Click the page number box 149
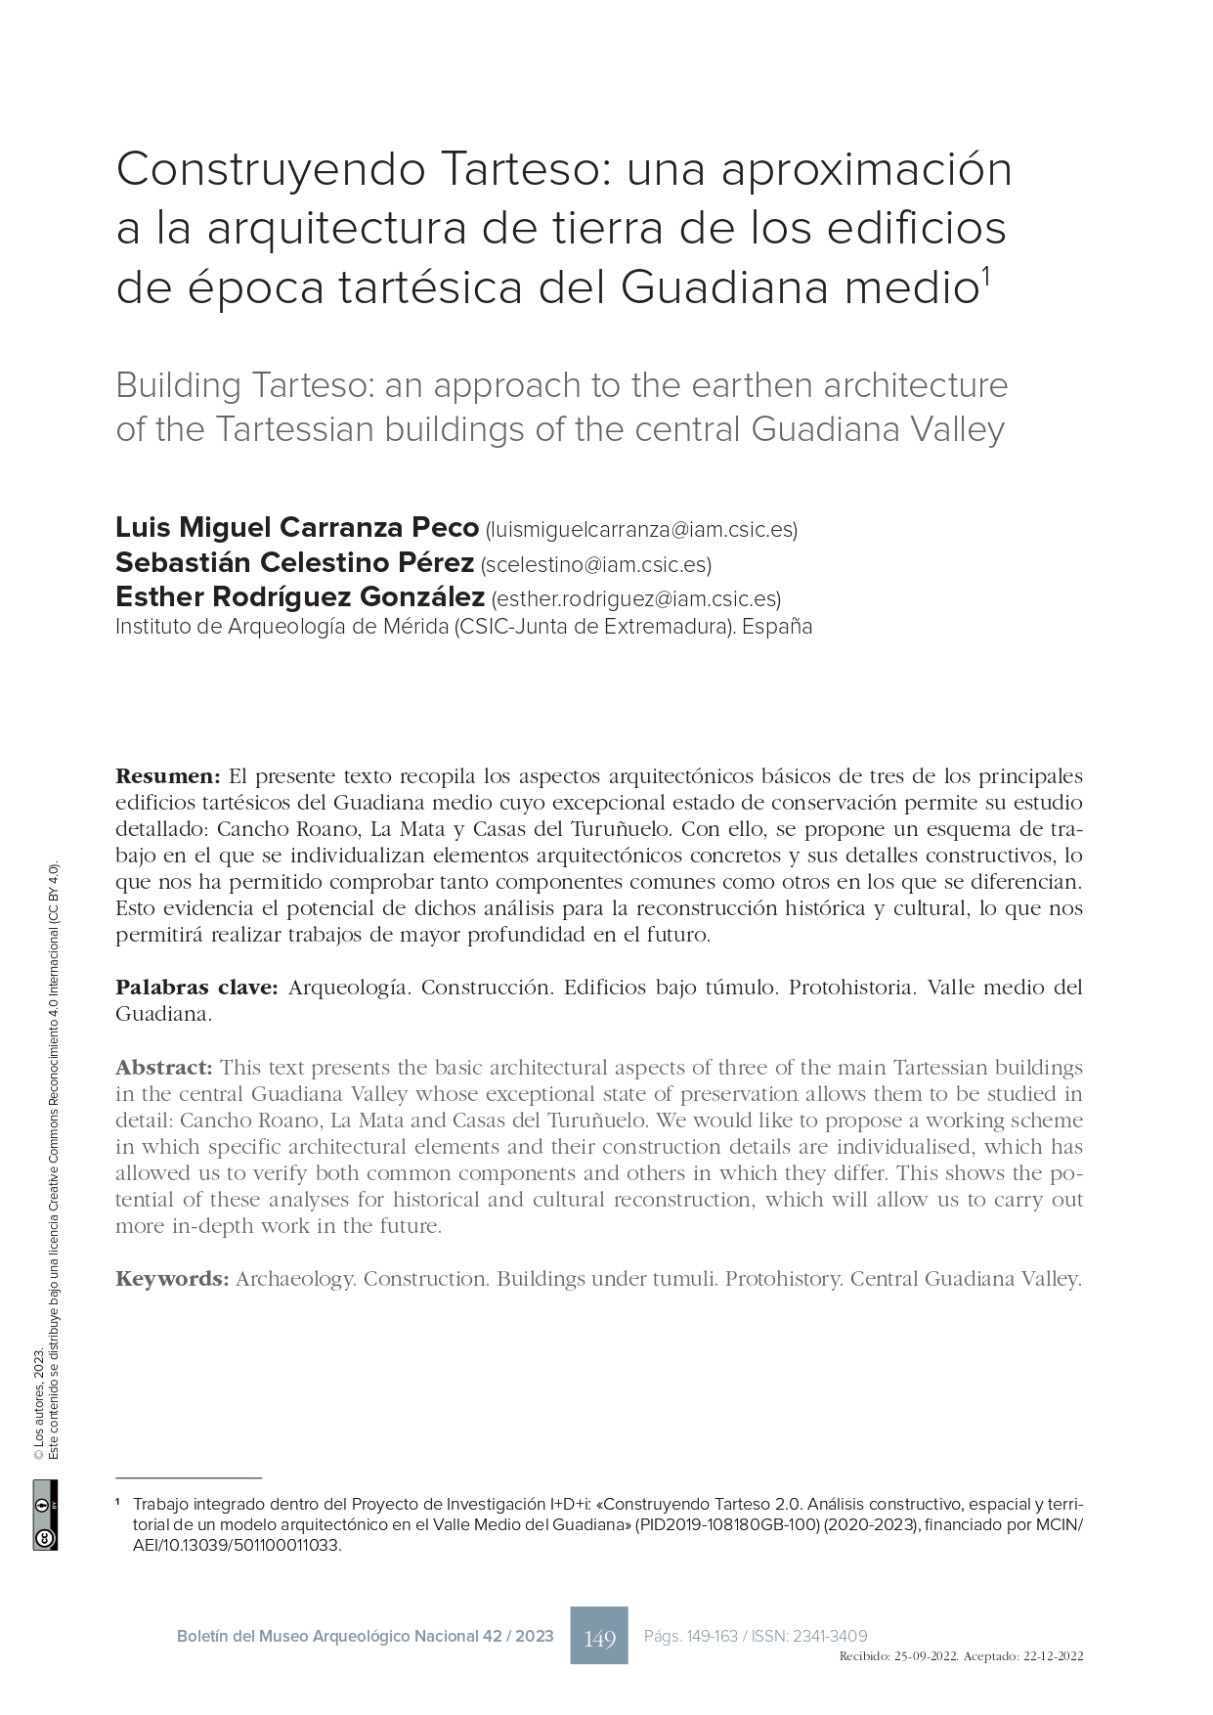coord(598,1635)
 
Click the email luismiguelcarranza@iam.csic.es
coord(641,530)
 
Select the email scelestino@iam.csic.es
coord(596,565)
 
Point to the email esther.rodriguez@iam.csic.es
coord(635,599)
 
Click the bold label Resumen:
coord(168,776)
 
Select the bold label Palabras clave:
coord(197,988)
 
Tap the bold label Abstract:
coord(163,1067)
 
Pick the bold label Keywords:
coord(172,1279)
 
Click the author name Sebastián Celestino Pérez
coord(294,563)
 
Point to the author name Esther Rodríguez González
coord(299,597)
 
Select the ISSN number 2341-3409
coord(830,1636)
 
